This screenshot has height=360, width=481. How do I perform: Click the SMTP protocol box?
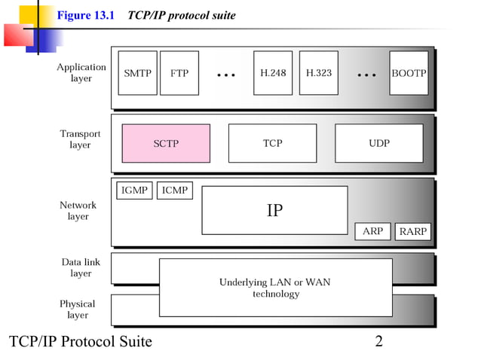[137, 73]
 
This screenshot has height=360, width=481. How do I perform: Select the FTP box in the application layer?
[179, 73]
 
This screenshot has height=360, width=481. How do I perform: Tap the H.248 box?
[273, 73]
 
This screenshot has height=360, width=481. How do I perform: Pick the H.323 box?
[319, 73]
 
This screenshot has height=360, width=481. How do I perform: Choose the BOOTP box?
[409, 73]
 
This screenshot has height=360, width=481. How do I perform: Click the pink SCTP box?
[166, 143]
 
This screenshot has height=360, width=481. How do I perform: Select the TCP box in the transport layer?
[272, 143]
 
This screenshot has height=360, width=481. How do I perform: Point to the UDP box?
[378, 143]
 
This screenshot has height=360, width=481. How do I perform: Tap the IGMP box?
[134, 191]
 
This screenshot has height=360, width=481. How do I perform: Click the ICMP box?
[174, 191]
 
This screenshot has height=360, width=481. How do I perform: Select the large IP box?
[274, 210]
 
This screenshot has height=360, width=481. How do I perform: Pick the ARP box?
[372, 232]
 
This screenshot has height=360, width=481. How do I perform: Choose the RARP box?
[413, 232]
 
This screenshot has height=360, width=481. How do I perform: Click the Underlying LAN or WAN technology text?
[275, 288]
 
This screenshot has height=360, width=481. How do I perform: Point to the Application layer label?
[81, 72]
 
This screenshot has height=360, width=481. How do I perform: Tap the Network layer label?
[78, 210]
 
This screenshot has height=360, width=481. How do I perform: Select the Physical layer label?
[78, 309]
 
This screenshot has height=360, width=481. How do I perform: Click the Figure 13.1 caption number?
[85, 16]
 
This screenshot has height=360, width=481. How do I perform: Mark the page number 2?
[378, 342]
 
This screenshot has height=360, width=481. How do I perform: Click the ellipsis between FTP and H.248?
[226, 75]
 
